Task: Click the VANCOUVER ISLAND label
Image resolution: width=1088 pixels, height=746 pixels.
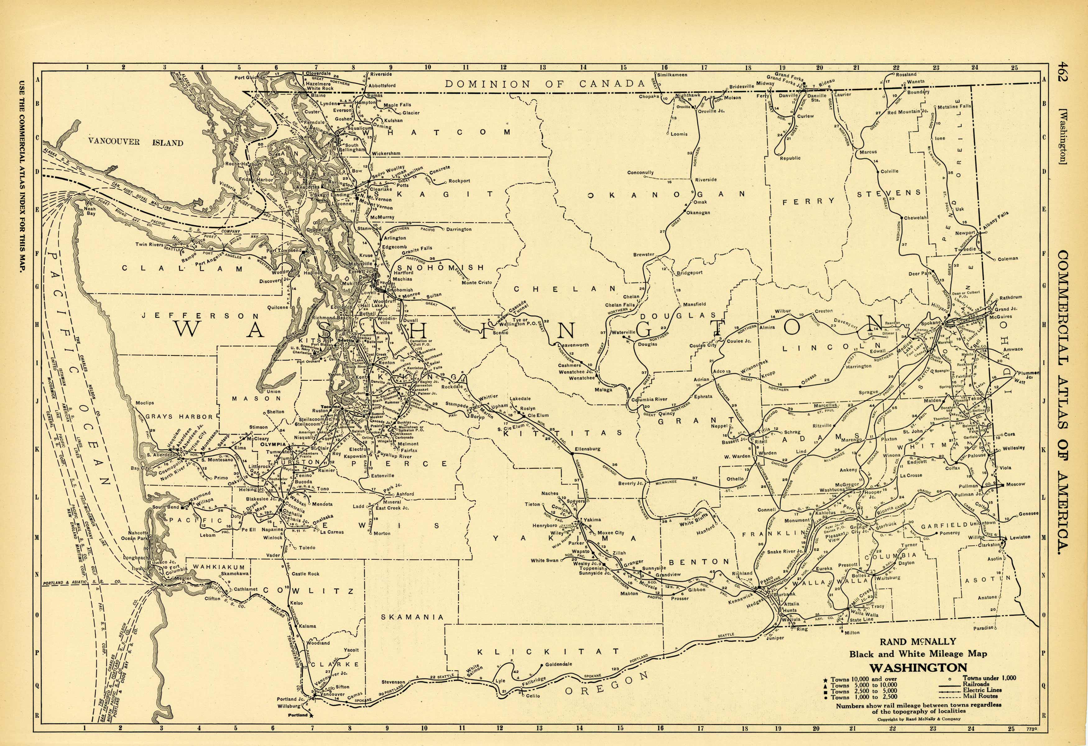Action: click(135, 142)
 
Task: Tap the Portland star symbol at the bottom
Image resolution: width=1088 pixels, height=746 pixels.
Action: click(312, 715)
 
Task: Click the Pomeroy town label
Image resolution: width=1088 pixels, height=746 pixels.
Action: click(949, 533)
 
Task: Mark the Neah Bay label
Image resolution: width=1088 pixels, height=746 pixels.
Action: click(90, 211)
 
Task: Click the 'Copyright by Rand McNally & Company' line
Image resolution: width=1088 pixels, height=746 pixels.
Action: click(919, 719)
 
